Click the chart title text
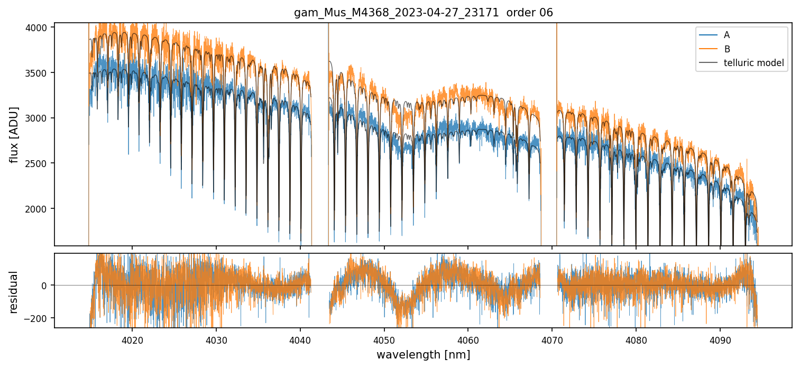423,13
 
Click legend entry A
727,35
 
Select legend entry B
727,49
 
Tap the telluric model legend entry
753,64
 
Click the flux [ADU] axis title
14,134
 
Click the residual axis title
14,292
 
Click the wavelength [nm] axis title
423,354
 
